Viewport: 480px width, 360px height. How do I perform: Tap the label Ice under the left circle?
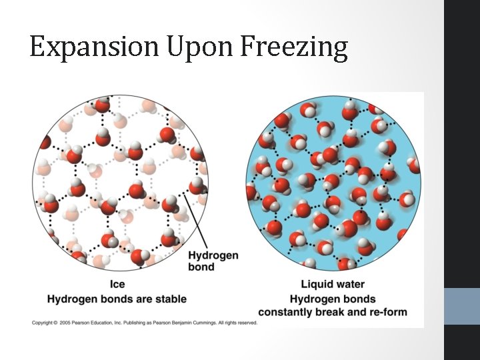point(117,285)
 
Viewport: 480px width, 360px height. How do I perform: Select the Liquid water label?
point(333,285)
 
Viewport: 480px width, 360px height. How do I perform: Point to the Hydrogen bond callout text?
point(213,261)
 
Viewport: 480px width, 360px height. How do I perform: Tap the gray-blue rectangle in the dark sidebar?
point(461,306)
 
